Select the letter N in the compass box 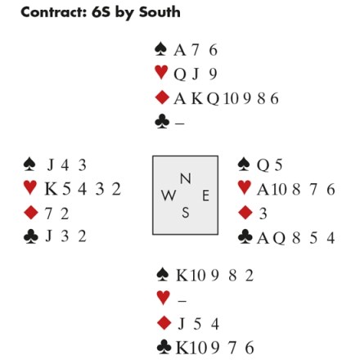(186, 178)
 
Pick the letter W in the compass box (169, 196)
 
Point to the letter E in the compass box (205, 196)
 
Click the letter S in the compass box (186, 212)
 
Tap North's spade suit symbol (161, 49)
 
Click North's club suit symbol (162, 122)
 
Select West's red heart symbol (30, 187)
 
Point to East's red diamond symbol (245, 213)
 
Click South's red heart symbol (164, 298)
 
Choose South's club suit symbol (164, 347)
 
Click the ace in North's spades (180, 50)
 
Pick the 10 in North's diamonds (231, 98)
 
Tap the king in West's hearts (51, 189)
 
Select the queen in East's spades (263, 165)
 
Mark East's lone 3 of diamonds (263, 214)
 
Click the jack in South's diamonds (182, 324)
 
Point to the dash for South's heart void (182, 301)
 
